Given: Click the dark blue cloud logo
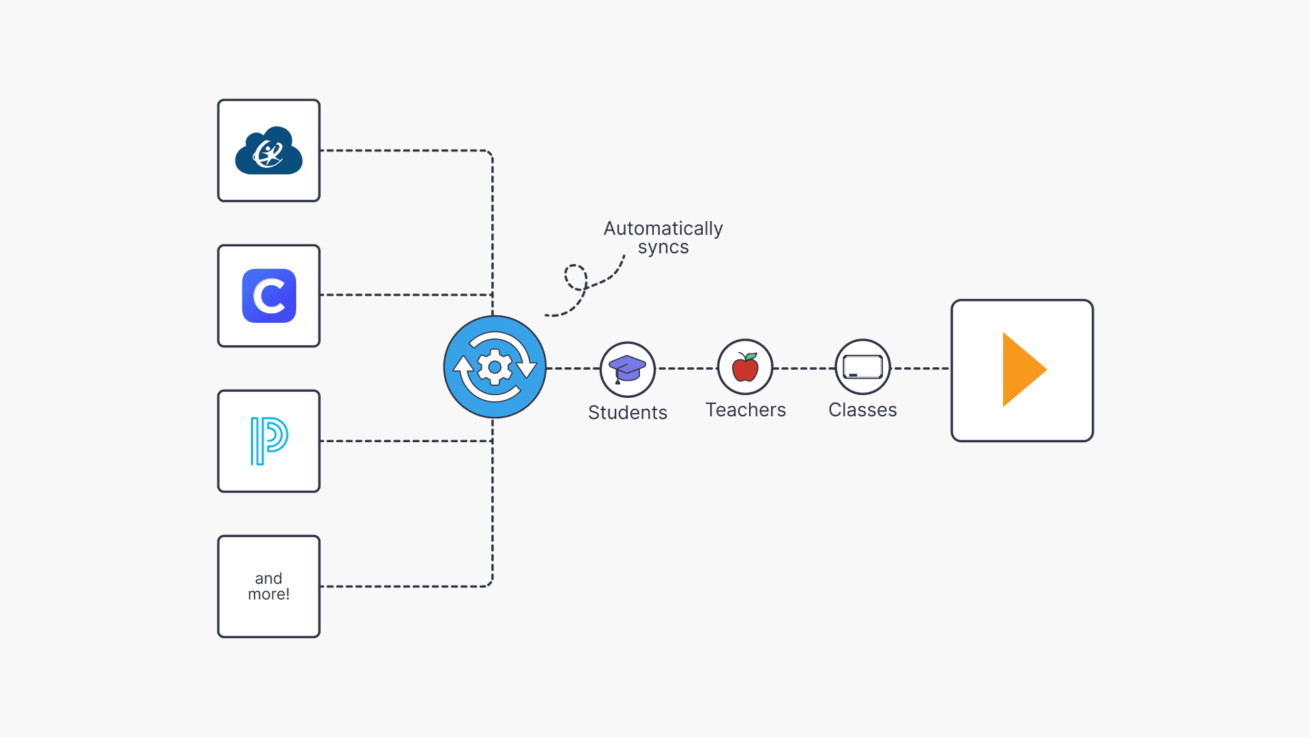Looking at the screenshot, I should pos(269,151).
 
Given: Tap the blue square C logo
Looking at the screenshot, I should pos(269,296).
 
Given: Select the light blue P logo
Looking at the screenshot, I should pos(269,441).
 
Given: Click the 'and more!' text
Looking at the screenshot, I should pos(269,586).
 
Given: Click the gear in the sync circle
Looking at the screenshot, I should pos(495,367).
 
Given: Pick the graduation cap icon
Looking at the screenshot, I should pos(627,369).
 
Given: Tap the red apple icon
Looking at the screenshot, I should pos(745,369).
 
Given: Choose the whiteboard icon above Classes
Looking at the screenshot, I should pos(862,367).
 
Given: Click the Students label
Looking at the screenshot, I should pos(627,412).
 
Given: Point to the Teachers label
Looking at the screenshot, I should pos(745,410).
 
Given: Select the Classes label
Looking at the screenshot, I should pos(862,410).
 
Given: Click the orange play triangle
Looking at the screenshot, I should pos(1022,370).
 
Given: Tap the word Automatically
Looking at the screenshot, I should pos(663,229).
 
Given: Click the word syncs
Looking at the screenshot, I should pos(663,247).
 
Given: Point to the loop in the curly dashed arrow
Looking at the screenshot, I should pos(575,277).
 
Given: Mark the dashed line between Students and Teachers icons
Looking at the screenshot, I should pos(686,369).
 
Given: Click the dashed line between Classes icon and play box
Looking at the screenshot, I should pos(921,369).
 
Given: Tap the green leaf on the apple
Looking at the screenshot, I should pos(751,357).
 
